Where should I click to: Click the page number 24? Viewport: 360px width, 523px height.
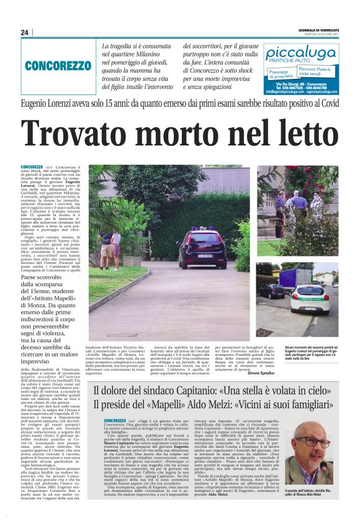[25, 32]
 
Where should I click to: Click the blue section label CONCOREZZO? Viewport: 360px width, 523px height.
[58, 65]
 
